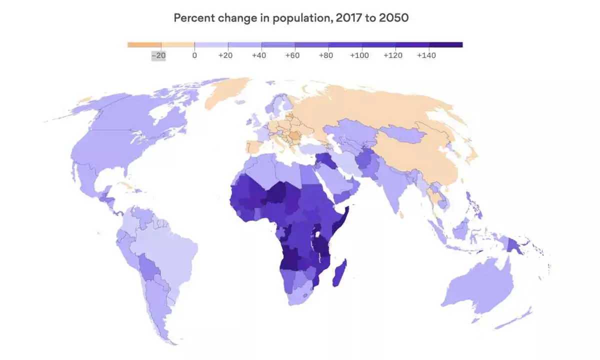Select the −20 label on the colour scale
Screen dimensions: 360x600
pyautogui.click(x=158, y=55)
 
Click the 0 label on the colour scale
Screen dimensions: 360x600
pyautogui.click(x=194, y=55)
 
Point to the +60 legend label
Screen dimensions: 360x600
pyautogui.click(x=292, y=55)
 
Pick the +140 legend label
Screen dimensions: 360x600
pyautogui.click(x=426, y=55)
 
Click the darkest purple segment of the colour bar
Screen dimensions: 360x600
pyautogui.click(x=445, y=45)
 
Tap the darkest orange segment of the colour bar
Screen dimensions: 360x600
pyautogui.click(x=144, y=45)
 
